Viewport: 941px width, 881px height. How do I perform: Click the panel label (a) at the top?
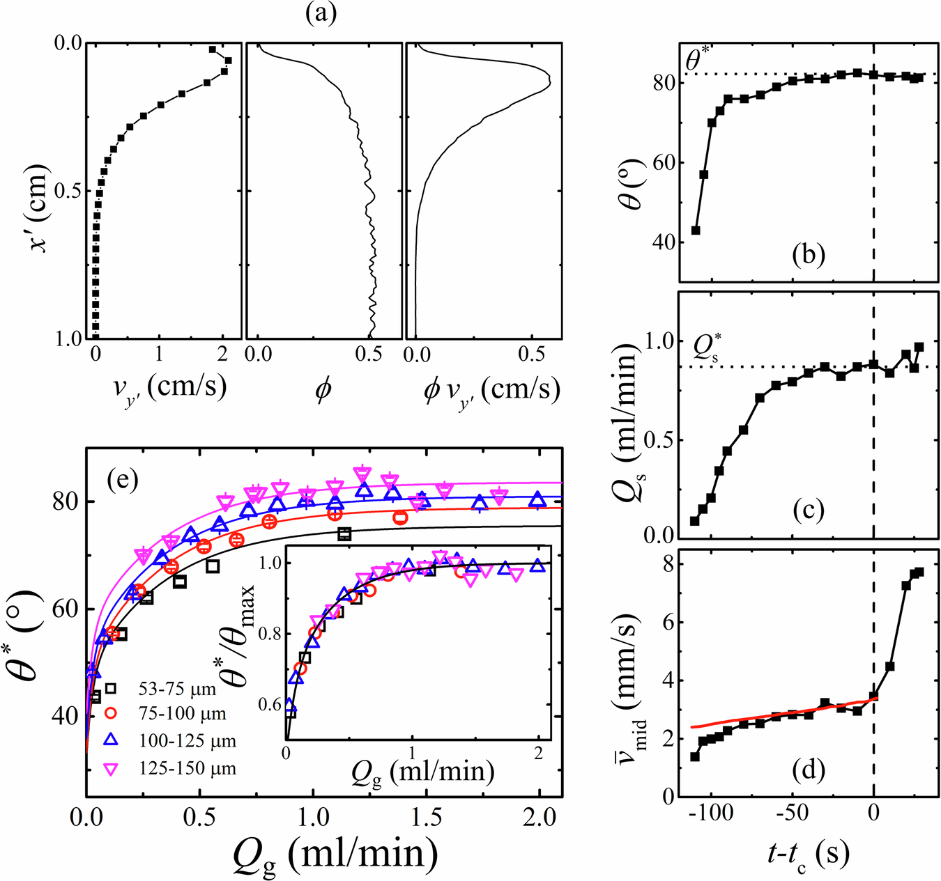pos(321,14)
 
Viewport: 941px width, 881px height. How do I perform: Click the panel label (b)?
pos(809,254)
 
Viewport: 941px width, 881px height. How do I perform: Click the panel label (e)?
pos(123,481)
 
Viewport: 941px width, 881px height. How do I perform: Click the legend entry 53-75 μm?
pos(178,690)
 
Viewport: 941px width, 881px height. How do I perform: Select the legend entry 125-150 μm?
pos(188,769)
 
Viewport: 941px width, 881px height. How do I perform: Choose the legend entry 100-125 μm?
pos(188,742)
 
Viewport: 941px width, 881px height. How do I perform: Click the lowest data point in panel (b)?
pos(695,231)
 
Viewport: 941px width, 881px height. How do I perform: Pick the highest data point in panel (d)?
pos(919,572)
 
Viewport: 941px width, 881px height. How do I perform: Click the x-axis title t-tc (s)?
pos(809,852)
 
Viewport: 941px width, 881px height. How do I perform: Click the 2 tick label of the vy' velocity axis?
pos(222,354)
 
